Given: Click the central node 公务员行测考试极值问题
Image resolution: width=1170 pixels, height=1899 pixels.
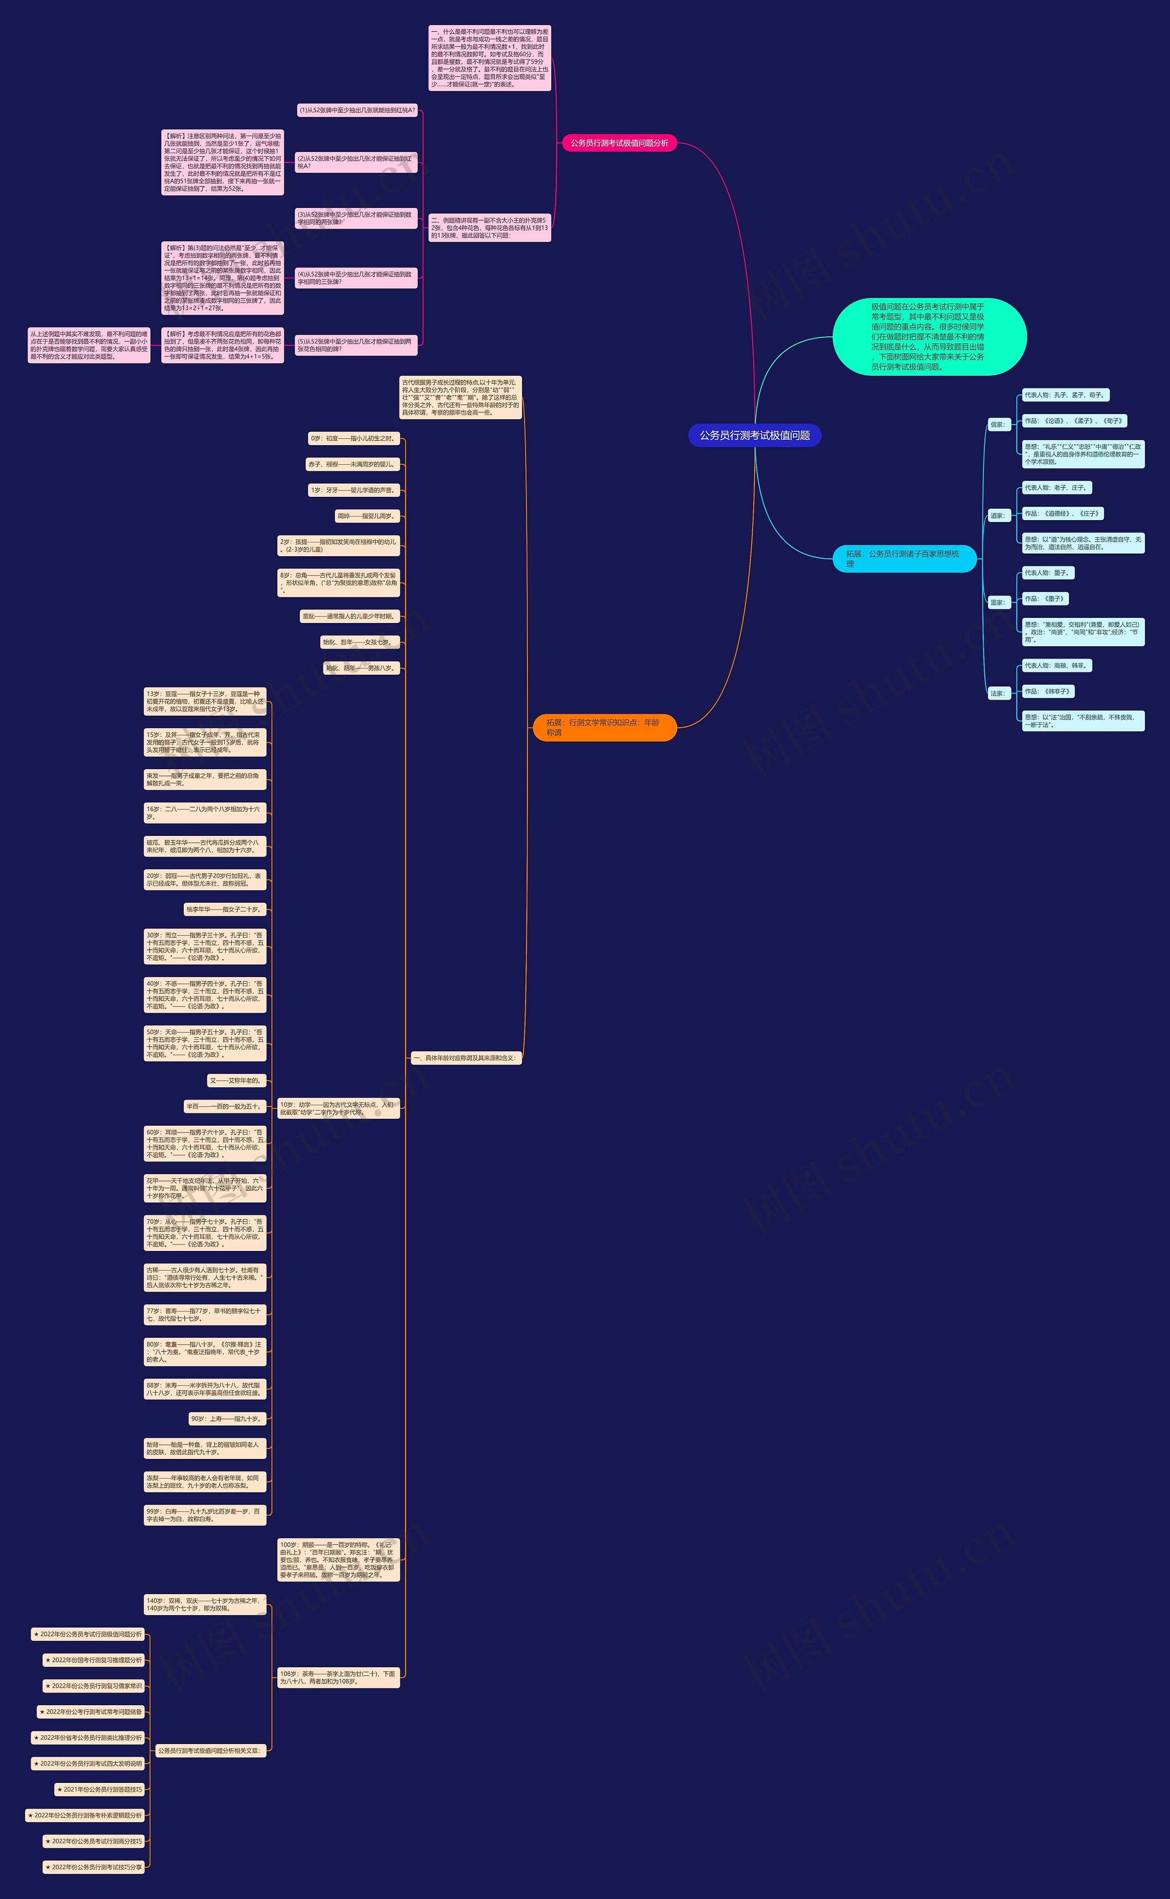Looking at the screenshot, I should (x=755, y=435).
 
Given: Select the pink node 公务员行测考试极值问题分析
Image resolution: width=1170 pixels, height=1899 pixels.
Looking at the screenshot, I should (x=619, y=143).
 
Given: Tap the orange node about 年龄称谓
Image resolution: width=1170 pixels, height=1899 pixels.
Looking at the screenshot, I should (x=604, y=728).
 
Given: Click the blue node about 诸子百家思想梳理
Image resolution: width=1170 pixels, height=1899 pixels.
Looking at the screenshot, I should (x=904, y=559).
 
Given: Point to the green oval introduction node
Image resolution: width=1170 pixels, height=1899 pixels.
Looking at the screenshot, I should (x=929, y=337).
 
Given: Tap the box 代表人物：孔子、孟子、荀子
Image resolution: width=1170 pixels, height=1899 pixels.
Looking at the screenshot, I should (x=1065, y=395).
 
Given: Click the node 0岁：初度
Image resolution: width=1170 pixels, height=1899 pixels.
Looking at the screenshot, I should (x=354, y=438).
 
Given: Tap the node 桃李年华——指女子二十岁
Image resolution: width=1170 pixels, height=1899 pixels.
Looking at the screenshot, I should (x=223, y=909).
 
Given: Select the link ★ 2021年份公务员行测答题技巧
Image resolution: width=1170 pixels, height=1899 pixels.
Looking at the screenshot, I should (x=100, y=1789).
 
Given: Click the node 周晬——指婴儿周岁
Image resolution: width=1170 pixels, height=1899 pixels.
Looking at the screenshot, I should (x=367, y=516).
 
